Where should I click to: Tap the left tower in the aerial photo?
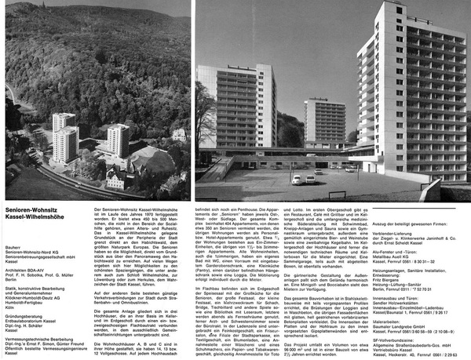pyautogui.click(x=64, y=139)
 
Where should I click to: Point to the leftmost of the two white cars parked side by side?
pyautogui.click(x=297, y=180)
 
